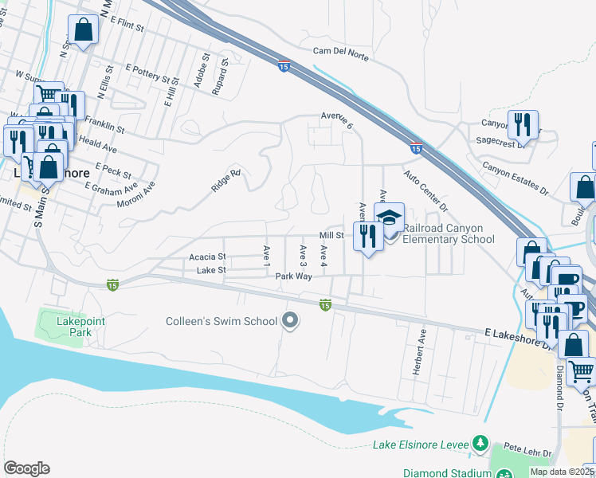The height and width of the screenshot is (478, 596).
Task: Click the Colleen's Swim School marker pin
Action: pos(291,321)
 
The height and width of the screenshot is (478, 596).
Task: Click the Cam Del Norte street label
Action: pos(343,50)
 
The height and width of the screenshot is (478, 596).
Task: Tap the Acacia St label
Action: pos(208,257)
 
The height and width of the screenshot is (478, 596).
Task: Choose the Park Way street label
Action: pos(295,276)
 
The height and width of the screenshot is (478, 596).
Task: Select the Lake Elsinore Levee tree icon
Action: pos(480,442)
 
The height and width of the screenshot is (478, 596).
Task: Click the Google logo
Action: pos(26,468)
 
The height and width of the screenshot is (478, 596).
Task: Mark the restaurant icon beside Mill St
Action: pos(367,236)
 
